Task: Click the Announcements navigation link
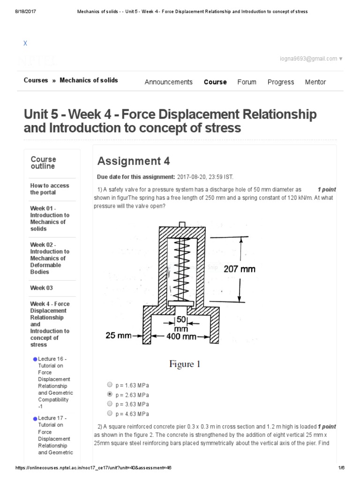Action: pos(168,82)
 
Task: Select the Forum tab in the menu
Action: pos(247,82)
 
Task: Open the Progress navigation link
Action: pos(281,82)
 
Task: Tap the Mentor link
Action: pos(315,82)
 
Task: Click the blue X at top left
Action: pos(26,44)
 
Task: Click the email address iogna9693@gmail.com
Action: pos(314,59)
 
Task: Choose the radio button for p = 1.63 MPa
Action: pos(110,384)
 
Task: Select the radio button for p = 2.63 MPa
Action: pos(110,394)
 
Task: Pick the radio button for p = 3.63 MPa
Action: pos(110,404)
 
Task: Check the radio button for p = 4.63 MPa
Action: pos(110,413)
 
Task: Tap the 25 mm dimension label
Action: pos(118,336)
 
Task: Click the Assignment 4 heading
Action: pos(134,162)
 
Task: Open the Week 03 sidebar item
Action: pos(42,288)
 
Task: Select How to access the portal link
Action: pos(49,189)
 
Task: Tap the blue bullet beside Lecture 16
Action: pos(35,359)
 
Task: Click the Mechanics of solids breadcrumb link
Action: pos(89,80)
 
